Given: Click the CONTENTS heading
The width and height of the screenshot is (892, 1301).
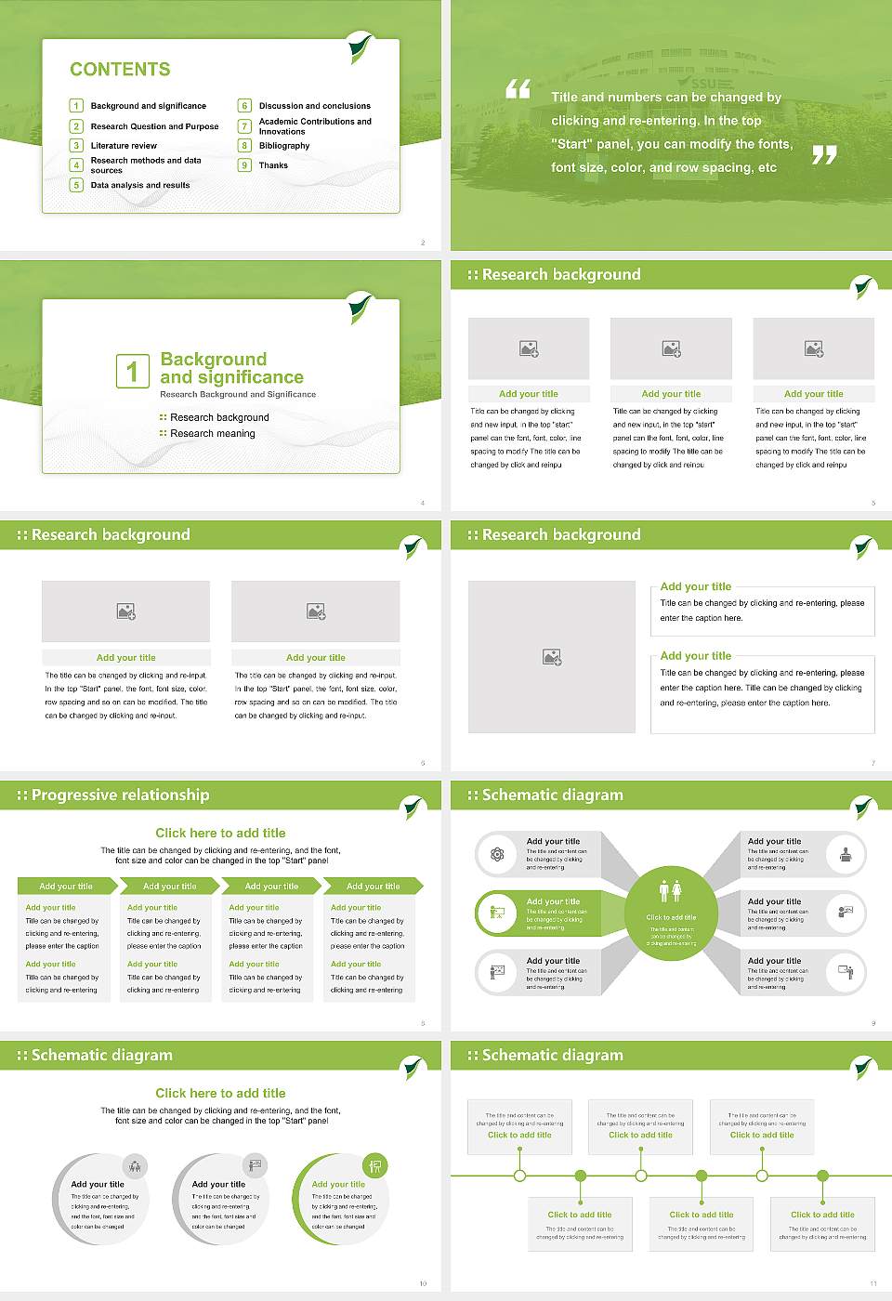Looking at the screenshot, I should [x=120, y=70].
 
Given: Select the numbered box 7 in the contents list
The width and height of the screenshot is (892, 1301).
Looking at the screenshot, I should [x=245, y=126].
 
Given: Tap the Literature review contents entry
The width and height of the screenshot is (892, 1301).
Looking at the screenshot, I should [x=124, y=146].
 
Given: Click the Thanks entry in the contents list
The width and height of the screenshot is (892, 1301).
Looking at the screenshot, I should [x=273, y=165].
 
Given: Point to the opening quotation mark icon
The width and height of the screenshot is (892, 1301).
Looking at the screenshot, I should [x=518, y=89].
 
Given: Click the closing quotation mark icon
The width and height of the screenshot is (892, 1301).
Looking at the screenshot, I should [x=824, y=155].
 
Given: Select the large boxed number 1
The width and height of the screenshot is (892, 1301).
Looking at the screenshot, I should [x=132, y=371].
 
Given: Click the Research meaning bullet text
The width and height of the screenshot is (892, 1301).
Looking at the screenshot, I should [x=212, y=434].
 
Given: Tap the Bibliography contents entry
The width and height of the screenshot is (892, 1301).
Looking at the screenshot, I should [x=284, y=146].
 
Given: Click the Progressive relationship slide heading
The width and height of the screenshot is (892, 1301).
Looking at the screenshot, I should [x=120, y=795].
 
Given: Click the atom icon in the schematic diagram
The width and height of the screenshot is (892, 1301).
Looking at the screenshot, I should [x=497, y=854].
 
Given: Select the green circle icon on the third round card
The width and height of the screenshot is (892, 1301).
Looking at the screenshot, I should [x=374, y=1165].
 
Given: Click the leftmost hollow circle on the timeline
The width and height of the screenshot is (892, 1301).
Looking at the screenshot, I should [x=520, y=1176].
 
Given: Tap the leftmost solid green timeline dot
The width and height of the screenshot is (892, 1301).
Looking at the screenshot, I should [x=581, y=1176].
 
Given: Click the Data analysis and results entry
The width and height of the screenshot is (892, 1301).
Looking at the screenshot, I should [x=140, y=186].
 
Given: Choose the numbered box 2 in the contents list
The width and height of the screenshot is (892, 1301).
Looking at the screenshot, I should [x=77, y=126].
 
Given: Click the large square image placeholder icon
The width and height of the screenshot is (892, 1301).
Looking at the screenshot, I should [x=552, y=657].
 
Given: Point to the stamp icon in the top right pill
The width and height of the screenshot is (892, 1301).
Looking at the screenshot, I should [x=846, y=854].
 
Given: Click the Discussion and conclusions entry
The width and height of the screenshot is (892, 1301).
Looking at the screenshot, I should [x=314, y=106].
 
